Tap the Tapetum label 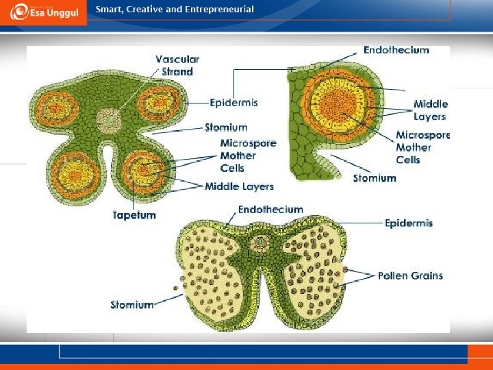coord(134,215)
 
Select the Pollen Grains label coord(410,275)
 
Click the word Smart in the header coord(109,10)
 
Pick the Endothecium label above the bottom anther coord(270,209)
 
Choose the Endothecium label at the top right coord(396,50)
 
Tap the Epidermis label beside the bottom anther coord(408,223)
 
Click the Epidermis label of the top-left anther coord(235,103)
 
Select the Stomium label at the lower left coord(132,304)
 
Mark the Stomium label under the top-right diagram coord(375,178)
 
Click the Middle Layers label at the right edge coord(431,110)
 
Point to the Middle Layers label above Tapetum coord(239,186)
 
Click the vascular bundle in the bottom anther coord(261,243)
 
